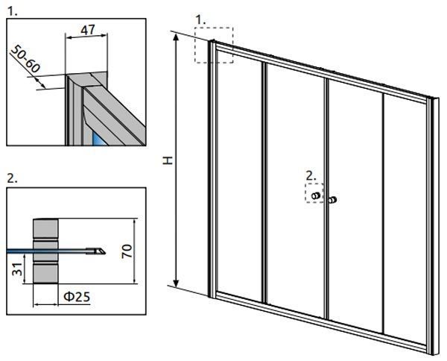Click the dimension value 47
88,30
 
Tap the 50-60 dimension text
25,59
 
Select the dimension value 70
127,251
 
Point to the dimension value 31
17,269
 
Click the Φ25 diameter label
77,297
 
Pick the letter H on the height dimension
168,160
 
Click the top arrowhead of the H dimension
177,37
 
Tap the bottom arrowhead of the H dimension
177,283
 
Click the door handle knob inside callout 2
316,195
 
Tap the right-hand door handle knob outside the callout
332,200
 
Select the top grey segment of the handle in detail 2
45,227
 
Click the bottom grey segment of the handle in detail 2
45,274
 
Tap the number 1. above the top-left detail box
12,11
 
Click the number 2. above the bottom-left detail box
12,178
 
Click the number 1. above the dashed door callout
200,20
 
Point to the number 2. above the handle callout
311,175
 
